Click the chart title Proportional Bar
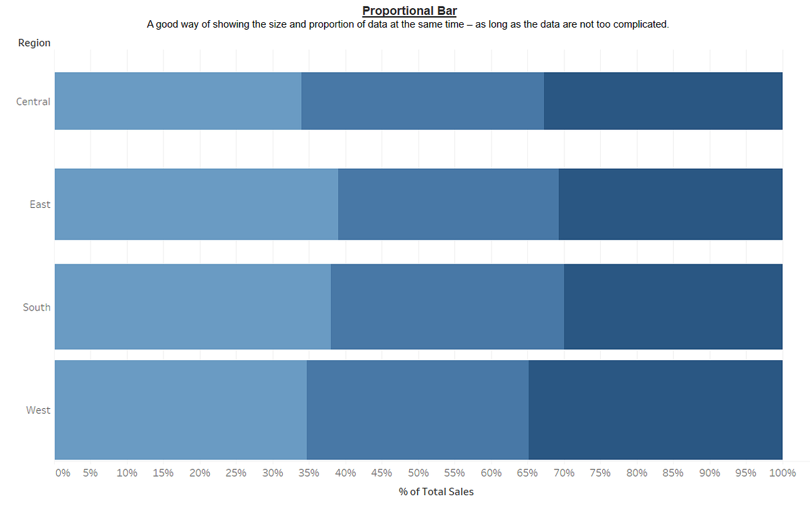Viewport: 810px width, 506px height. pos(409,11)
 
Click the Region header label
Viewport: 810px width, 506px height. pos(34,43)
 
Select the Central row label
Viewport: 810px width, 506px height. pos(34,101)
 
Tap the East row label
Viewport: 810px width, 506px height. pos(40,204)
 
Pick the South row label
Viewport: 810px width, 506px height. pos(36,307)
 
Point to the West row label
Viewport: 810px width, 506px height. pos(38,410)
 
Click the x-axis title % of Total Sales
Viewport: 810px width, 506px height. pos(436,492)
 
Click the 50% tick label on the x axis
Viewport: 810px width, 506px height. pos(418,473)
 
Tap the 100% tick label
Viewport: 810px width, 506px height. pos(782,473)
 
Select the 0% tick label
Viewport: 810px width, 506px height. pos(62,473)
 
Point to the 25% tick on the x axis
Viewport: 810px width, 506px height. pos(236,473)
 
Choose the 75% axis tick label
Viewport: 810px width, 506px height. pos(600,473)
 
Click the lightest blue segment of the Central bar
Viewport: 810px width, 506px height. pos(178,101)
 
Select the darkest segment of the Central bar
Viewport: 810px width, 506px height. pos(663,101)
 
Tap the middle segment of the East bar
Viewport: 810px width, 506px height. pos(448,204)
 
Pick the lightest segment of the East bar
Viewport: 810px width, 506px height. pos(196,204)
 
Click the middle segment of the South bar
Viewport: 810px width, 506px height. pos(448,307)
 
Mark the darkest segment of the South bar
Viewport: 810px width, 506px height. pos(673,307)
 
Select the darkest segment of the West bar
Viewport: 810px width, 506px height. pos(655,410)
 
